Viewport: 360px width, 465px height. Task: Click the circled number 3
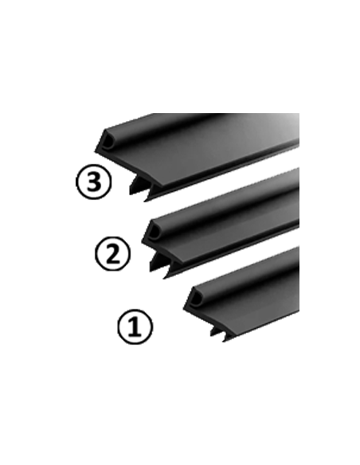point(94,182)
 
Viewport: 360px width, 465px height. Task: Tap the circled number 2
point(112,253)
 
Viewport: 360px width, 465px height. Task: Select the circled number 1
point(135,326)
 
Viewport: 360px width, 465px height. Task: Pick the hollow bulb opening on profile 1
point(195,300)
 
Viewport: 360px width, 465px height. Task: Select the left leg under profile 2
point(155,261)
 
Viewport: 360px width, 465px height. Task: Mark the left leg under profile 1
point(215,331)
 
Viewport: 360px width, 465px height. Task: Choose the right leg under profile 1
point(229,337)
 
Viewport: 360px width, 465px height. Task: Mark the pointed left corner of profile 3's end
point(95,151)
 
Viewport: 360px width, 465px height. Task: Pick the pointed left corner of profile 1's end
point(183,309)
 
